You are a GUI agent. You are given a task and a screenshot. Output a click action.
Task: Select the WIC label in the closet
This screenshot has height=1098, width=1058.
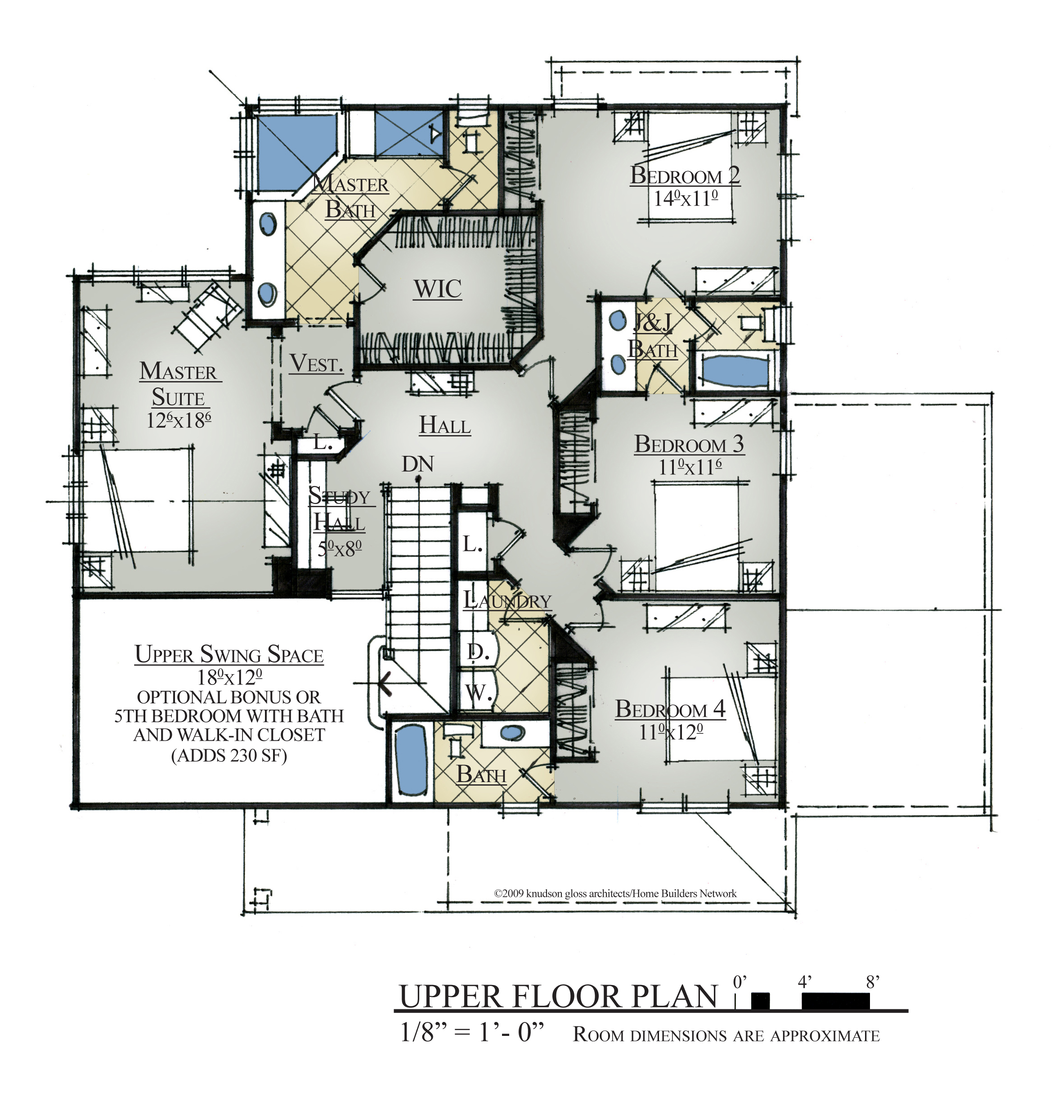click(437, 289)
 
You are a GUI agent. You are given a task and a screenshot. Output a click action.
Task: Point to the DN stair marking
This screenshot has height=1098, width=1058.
click(418, 464)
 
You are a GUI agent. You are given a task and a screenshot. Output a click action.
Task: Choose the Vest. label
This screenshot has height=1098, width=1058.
click(316, 364)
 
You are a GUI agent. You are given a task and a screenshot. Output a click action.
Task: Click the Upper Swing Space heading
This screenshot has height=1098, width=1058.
click(229, 654)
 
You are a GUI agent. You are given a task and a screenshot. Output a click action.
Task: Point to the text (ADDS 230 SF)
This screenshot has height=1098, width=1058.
click(229, 756)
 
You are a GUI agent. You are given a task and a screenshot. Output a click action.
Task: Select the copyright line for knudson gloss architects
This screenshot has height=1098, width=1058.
click(615, 894)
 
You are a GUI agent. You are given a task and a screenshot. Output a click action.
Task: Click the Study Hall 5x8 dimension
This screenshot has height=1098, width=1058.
click(340, 548)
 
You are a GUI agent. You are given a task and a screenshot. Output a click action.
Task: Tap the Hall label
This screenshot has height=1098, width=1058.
click(445, 425)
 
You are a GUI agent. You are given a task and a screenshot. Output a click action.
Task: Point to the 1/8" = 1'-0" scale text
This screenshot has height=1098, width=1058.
click(472, 1032)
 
